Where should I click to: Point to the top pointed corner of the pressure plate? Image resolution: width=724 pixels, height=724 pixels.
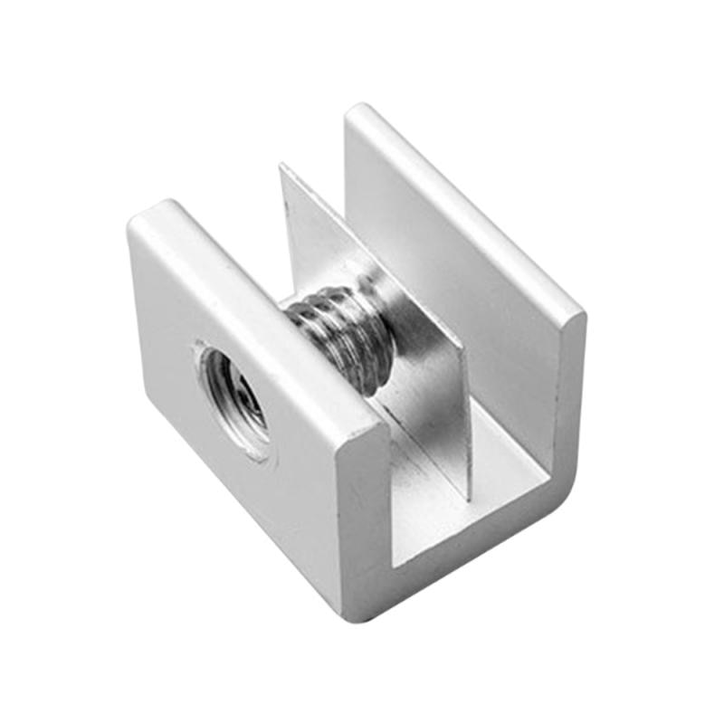pos(282,167)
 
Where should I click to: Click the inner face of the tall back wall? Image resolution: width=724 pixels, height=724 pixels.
pos(471,299)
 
